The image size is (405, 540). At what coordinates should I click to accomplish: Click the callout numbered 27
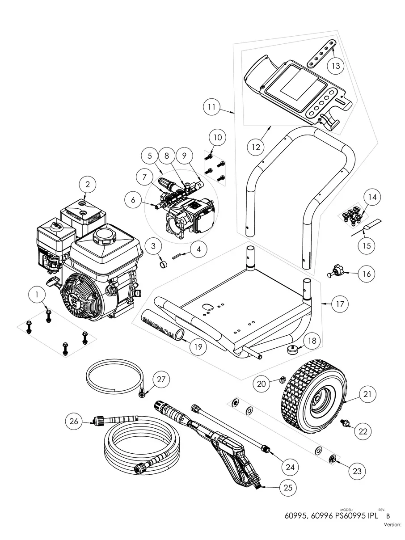point(162,380)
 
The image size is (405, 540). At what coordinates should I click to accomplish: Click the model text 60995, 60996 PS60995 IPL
point(331,515)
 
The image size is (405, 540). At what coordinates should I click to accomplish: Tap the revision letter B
point(381,515)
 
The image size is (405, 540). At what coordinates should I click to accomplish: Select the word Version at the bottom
point(393,525)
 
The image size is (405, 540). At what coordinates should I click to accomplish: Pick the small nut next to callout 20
point(283,380)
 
